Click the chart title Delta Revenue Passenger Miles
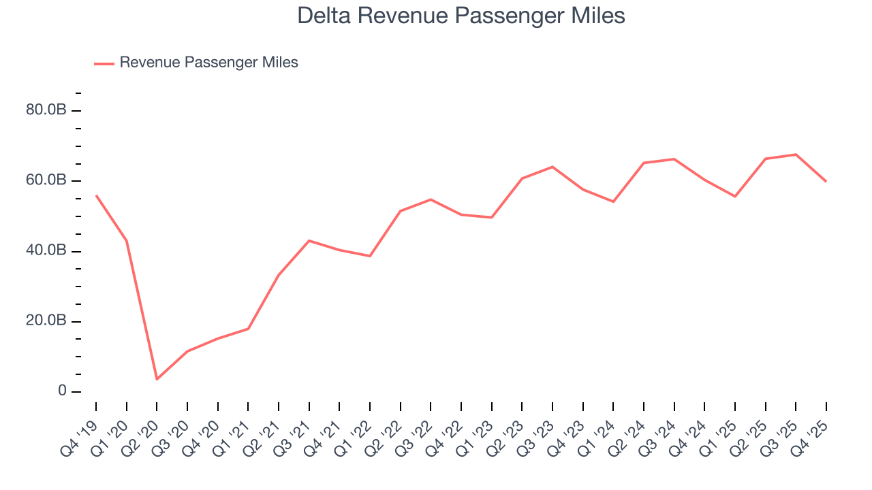461,16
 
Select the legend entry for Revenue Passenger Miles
208,63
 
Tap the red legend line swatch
104,63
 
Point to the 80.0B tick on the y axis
46,110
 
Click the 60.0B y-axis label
46,180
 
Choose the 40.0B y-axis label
46,250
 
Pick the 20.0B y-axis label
46,321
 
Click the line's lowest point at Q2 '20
157,379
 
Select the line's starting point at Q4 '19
96,195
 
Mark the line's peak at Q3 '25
796,154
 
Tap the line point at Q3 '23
552,167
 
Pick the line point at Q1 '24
613,201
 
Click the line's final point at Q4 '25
826,182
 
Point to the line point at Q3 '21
309,240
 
